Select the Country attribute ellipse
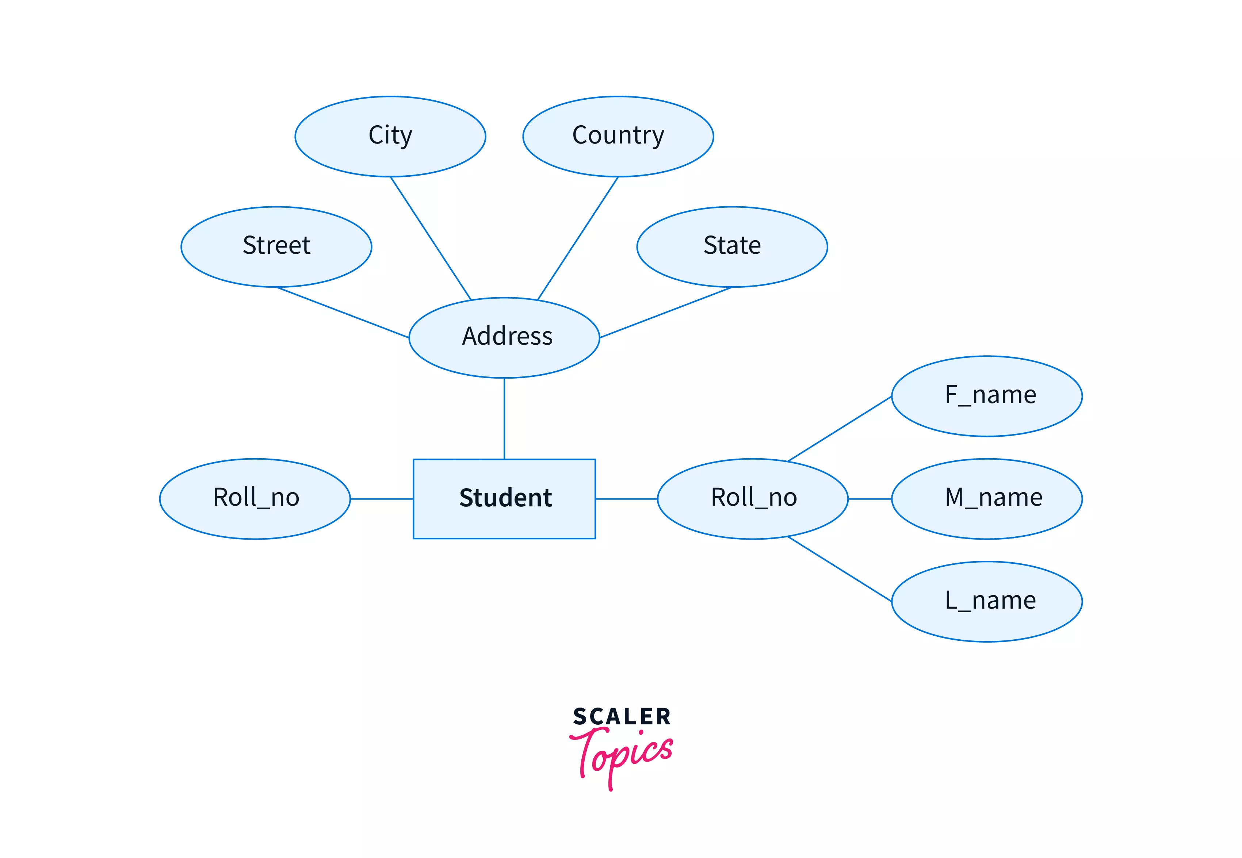point(618,137)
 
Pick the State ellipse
point(732,247)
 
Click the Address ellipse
point(504,338)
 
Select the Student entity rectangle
point(504,498)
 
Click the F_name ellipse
point(987,396)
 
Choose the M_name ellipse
point(987,498)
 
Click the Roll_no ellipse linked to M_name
point(753,498)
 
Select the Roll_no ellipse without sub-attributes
point(255,498)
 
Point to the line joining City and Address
point(430,238)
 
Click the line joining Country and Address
point(578,238)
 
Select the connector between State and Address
point(666,312)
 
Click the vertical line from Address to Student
point(504,418)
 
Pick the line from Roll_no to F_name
point(839,429)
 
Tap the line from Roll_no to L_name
point(839,569)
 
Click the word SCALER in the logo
point(622,717)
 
